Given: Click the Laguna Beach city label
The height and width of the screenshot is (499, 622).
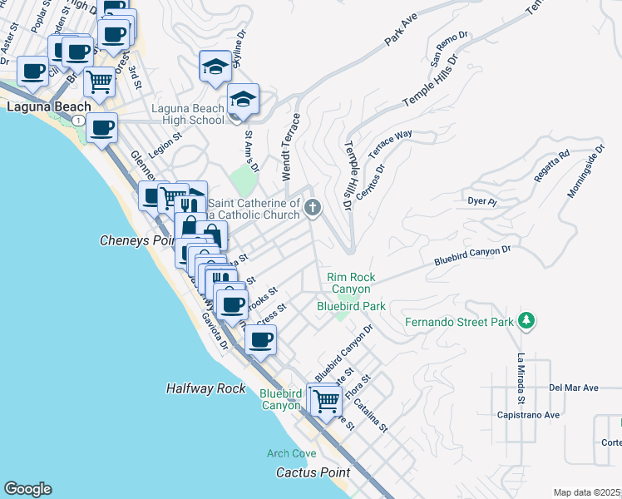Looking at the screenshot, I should [x=40, y=107].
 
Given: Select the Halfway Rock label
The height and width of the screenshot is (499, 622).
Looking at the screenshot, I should [x=205, y=388].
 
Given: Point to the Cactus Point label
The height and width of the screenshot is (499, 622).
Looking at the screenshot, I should [x=313, y=472].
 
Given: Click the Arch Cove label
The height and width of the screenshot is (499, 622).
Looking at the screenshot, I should [x=291, y=453].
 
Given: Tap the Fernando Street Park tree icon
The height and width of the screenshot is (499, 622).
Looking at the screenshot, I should [x=526, y=321].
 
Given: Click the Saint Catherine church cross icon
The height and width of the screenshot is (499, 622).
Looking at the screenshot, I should [x=313, y=207].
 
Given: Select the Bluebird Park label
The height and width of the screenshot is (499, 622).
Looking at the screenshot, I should [x=351, y=306].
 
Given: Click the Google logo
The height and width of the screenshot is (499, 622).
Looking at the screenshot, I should [x=27, y=489].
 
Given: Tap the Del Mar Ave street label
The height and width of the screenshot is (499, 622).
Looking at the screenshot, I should [x=574, y=388].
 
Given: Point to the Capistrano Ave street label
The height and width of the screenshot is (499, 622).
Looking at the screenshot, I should [x=527, y=414].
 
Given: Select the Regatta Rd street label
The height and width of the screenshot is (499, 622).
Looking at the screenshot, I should [x=552, y=163].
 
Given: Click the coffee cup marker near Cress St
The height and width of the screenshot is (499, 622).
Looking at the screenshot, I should [x=261, y=338].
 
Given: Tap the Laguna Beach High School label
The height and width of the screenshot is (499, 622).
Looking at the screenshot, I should [x=188, y=114].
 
